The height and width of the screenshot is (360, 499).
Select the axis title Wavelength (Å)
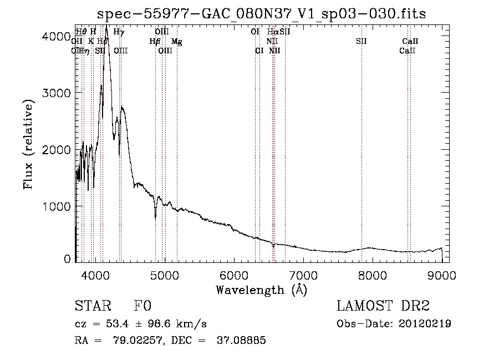(261, 289)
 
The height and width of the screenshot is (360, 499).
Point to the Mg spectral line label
(176, 42)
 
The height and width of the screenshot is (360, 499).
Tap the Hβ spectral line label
(155, 42)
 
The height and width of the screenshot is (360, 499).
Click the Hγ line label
(119, 32)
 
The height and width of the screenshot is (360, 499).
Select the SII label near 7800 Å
(361, 42)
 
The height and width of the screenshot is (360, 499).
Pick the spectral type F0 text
(142, 306)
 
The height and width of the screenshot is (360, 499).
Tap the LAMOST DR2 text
(383, 306)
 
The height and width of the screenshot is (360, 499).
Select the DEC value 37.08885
(243, 341)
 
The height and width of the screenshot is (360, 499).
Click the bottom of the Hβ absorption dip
(156, 219)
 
